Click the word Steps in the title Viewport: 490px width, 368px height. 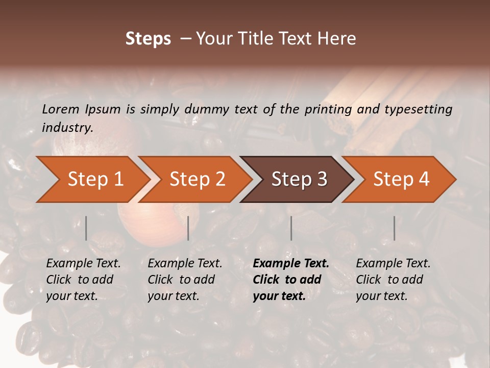pos(148,39)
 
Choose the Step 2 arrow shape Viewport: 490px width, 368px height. pos(197,179)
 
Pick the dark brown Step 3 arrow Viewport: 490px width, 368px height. pos(299,179)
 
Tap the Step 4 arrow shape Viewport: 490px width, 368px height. pos(401,179)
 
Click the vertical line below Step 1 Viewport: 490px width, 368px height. pos(86,228)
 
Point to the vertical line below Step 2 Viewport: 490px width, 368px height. pos(188,228)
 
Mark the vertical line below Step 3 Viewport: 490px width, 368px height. pos(291,228)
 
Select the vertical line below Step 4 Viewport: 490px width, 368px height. pos(394,228)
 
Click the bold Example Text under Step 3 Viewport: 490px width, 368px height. pos(291,263)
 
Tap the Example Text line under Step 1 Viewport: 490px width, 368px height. pos(83,263)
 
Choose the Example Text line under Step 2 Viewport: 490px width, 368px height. pos(185,263)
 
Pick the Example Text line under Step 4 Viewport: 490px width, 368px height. pos(393,263)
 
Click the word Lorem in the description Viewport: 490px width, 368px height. pos(61,109)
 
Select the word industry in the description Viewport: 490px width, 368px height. pos(67,127)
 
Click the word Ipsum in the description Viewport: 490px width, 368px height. pos(103,109)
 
